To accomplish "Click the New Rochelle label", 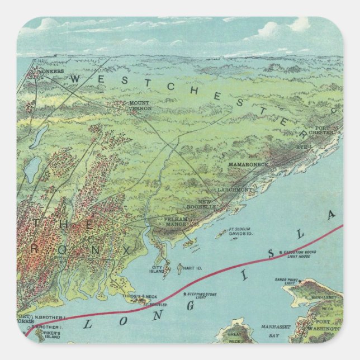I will click(x=212, y=203).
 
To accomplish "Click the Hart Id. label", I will click(x=191, y=268).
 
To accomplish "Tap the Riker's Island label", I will click(x=51, y=336).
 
